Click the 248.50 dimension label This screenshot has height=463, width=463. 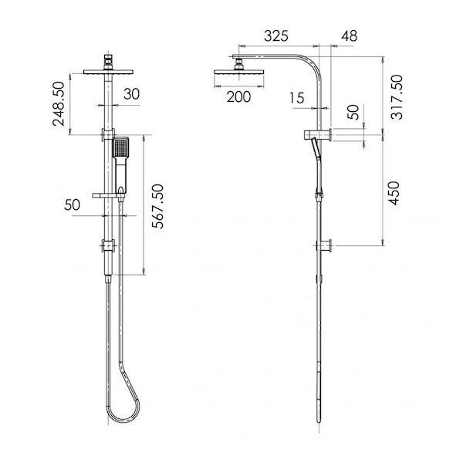(x=67, y=104)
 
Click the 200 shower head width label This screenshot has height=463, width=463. (x=240, y=96)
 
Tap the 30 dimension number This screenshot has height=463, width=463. (x=132, y=93)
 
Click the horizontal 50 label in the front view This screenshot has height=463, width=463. (x=73, y=205)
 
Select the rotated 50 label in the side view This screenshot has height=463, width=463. (x=353, y=112)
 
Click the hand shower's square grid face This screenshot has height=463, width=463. (x=120, y=146)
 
